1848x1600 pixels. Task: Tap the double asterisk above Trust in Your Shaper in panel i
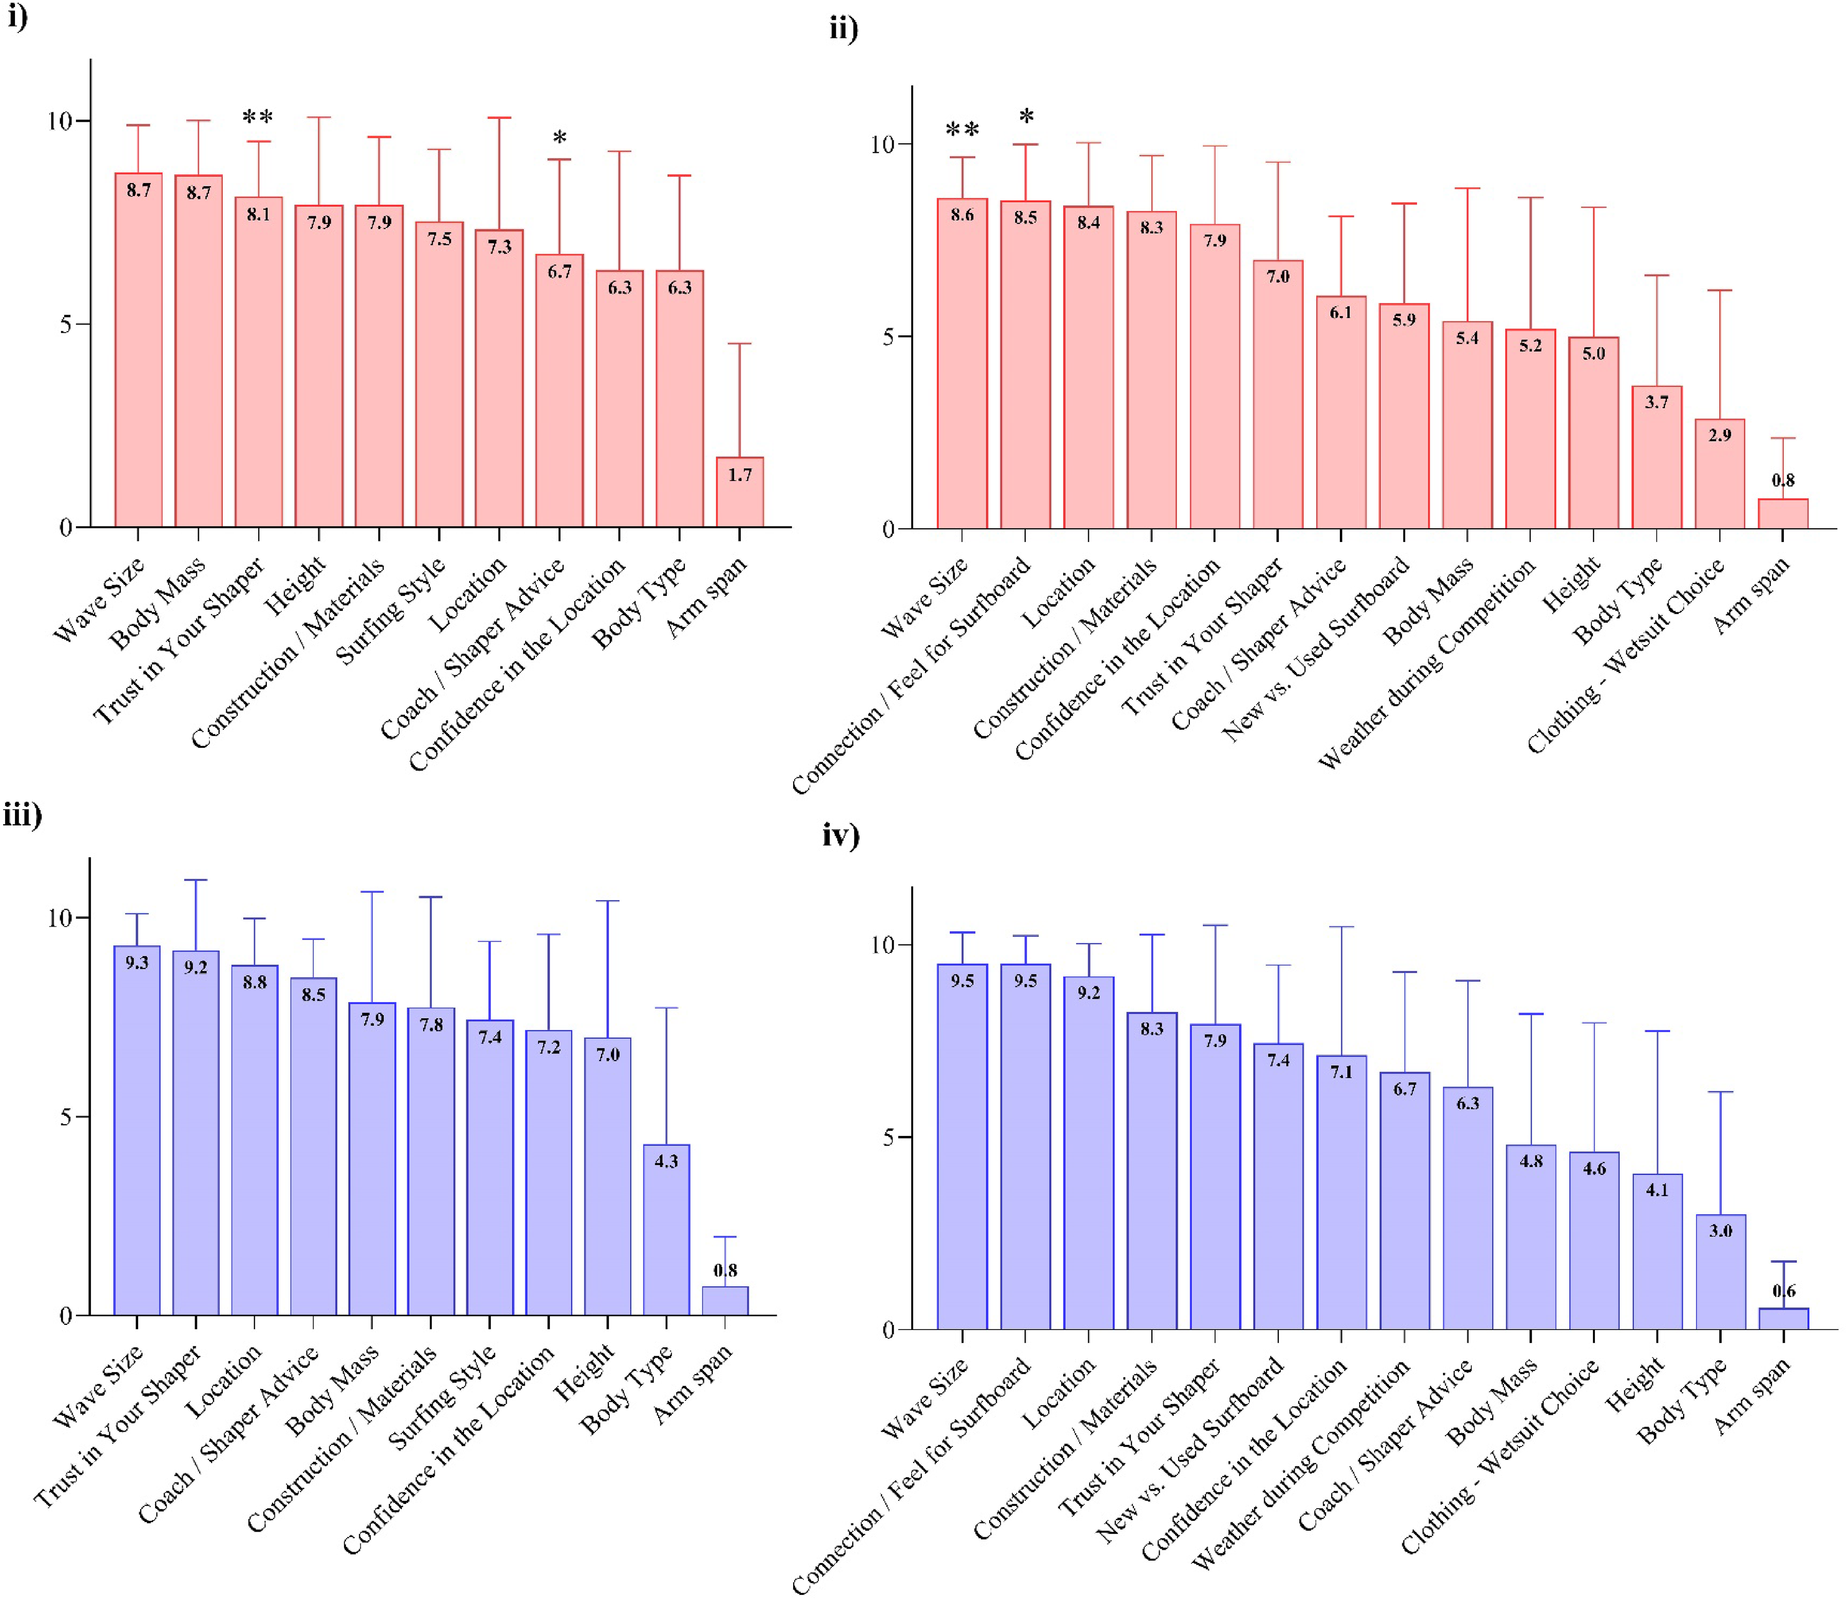coord(258,117)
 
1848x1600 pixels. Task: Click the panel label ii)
coord(843,29)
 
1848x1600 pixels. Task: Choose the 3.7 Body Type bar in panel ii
coord(1657,457)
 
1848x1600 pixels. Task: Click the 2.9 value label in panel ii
coord(1720,435)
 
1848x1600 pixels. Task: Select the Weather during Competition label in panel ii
coord(1427,663)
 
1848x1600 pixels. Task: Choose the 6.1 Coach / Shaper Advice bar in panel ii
coord(1341,413)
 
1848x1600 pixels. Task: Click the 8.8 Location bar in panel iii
coord(255,1140)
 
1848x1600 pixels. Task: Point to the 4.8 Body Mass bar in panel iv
coord(1531,1238)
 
